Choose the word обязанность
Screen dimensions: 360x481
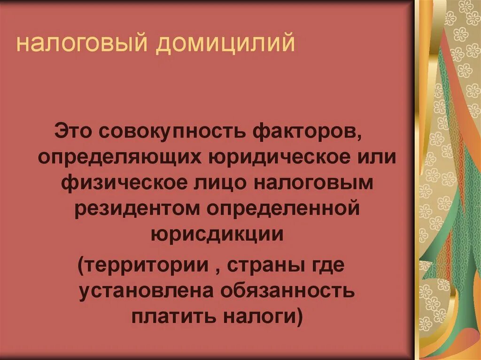point(286,291)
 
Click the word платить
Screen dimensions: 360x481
point(169,317)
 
